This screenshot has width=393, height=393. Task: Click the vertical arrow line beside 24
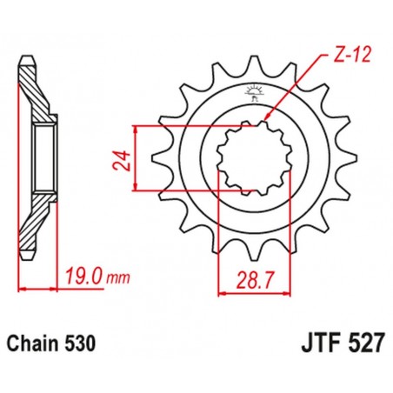pos(138,158)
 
